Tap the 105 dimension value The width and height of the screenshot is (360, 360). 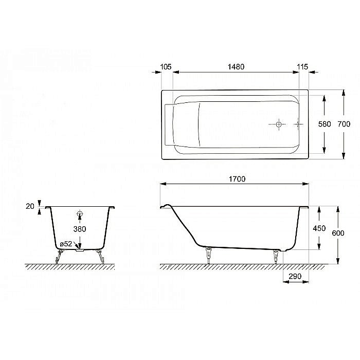(166, 67)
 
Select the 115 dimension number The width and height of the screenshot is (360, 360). (302, 67)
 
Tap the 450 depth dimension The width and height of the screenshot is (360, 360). (319, 229)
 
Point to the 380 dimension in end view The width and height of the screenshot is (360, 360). (79, 229)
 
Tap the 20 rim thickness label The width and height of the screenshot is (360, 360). (29, 206)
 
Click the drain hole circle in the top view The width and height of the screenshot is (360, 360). (278, 124)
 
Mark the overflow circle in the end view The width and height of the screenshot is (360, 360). (80, 213)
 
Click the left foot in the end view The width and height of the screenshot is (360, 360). (58, 256)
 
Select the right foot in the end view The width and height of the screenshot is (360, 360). (101, 256)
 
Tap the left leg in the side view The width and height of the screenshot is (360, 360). (209, 254)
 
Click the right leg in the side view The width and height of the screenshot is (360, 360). (276, 256)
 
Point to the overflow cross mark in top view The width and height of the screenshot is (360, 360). (297, 124)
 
